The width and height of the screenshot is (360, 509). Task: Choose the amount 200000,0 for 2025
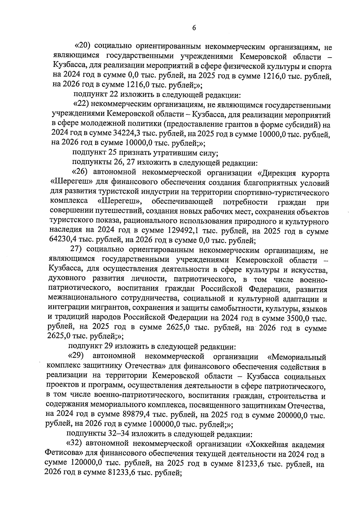point(295,415)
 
